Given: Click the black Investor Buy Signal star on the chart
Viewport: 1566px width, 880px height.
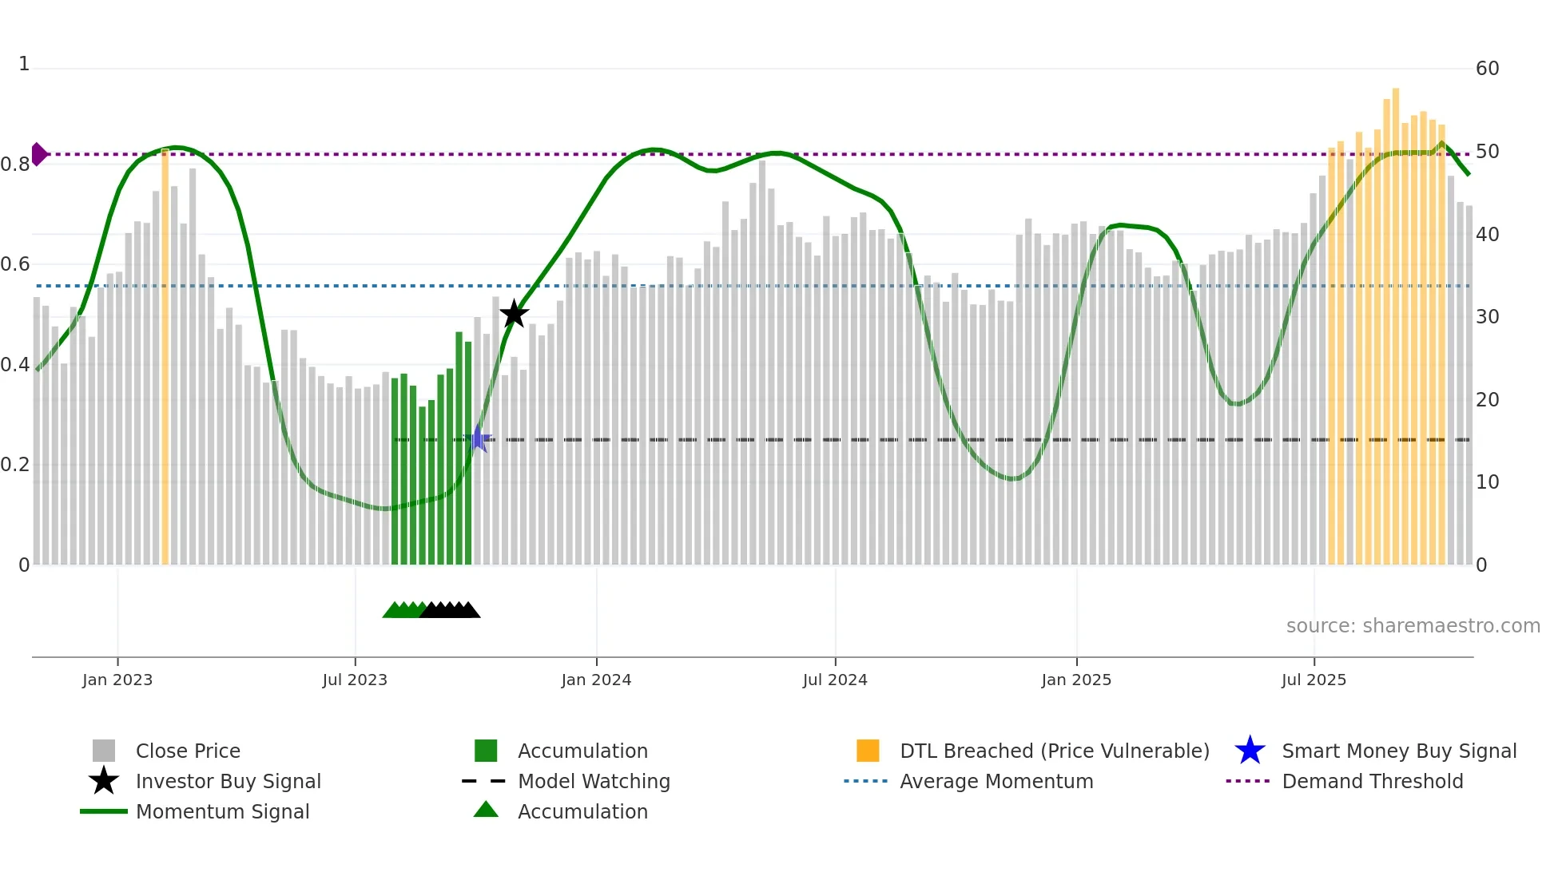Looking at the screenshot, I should pyautogui.click(x=514, y=314).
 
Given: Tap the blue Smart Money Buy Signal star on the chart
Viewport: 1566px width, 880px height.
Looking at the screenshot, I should pyautogui.click(x=478, y=438).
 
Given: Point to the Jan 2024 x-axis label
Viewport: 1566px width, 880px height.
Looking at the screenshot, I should pyautogui.click(x=596, y=680).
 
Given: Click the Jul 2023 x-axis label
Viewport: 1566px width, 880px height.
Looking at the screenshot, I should pyautogui.click(x=355, y=680).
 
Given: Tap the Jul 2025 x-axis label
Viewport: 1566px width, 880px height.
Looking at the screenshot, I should pyautogui.click(x=1314, y=680).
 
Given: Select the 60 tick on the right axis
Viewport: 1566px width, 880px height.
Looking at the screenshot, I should pyautogui.click(x=1487, y=69).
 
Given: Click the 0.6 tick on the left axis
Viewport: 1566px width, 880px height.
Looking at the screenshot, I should pyautogui.click(x=16, y=264).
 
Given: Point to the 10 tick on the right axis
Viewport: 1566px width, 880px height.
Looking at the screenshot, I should pyautogui.click(x=1487, y=482).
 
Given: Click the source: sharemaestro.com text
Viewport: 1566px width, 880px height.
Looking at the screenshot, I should pyautogui.click(x=1413, y=626).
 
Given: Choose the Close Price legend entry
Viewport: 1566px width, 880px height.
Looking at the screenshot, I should pyautogui.click(x=188, y=751).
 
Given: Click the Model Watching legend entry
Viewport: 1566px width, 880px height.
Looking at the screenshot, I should pyautogui.click(x=594, y=781).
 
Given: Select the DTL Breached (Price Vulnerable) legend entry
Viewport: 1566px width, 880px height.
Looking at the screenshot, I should pyautogui.click(x=1054, y=751).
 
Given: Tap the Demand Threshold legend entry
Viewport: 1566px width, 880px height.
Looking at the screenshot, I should pyautogui.click(x=1372, y=781).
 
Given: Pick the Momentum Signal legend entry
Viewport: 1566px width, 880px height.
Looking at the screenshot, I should pyautogui.click(x=222, y=811).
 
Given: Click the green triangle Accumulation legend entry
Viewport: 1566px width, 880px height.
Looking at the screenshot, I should pyautogui.click(x=582, y=811).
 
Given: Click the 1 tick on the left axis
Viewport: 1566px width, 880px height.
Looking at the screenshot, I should pyautogui.click(x=24, y=64).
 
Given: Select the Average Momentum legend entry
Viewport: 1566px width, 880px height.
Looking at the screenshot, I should pyautogui.click(x=996, y=781).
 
